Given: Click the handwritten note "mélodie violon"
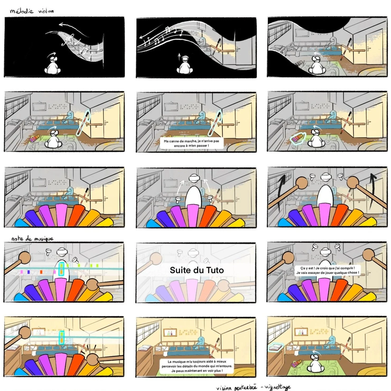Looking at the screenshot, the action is (x=32, y=11).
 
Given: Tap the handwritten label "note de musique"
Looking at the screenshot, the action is (x=32, y=239).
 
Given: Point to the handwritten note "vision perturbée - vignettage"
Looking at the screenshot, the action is (x=253, y=387).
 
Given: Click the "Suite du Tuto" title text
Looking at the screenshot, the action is (x=197, y=270).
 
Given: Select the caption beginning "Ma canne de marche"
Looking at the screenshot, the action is (x=192, y=143).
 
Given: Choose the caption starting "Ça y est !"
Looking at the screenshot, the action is (x=327, y=270).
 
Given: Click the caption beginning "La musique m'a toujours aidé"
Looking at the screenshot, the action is (x=197, y=366).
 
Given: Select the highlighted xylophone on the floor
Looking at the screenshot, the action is (x=298, y=138).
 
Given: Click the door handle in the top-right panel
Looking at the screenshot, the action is (x=368, y=48).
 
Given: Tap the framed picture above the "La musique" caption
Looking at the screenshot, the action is (x=170, y=332).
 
